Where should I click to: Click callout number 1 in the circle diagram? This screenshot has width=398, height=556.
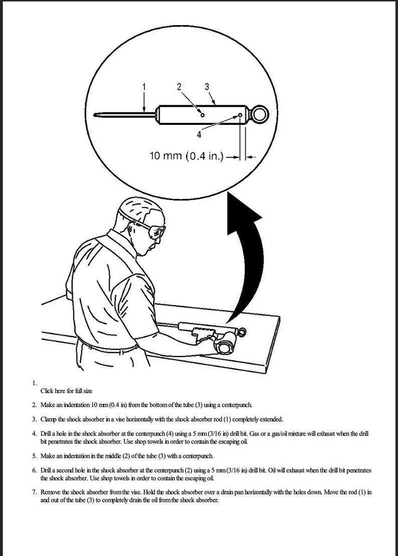(144, 87)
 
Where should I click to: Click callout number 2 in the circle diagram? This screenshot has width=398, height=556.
(180, 86)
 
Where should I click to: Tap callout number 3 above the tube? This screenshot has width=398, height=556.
(207, 86)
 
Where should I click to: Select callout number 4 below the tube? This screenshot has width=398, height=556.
(199, 134)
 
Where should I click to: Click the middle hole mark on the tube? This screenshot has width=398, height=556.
(202, 115)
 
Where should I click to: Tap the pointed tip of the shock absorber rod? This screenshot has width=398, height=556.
(98, 115)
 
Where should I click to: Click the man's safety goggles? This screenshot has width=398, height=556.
(155, 232)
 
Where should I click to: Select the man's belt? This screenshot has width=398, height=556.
(108, 346)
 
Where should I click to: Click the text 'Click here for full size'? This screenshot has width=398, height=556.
(66, 391)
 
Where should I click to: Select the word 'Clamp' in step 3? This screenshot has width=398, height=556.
(49, 419)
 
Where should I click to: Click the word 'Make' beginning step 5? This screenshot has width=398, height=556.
(48, 456)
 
